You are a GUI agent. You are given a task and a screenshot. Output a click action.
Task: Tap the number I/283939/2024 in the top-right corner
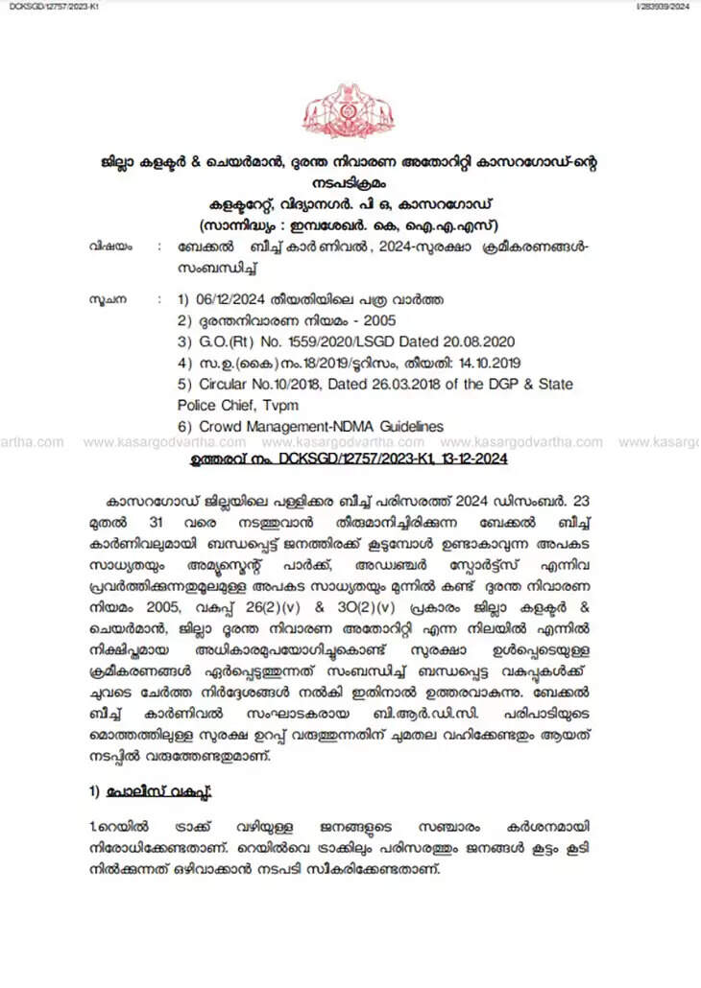click(x=664, y=7)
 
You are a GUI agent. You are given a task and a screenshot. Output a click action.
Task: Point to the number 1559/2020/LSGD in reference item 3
click(x=336, y=341)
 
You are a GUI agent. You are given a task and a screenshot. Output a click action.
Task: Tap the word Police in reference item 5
click(x=199, y=405)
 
